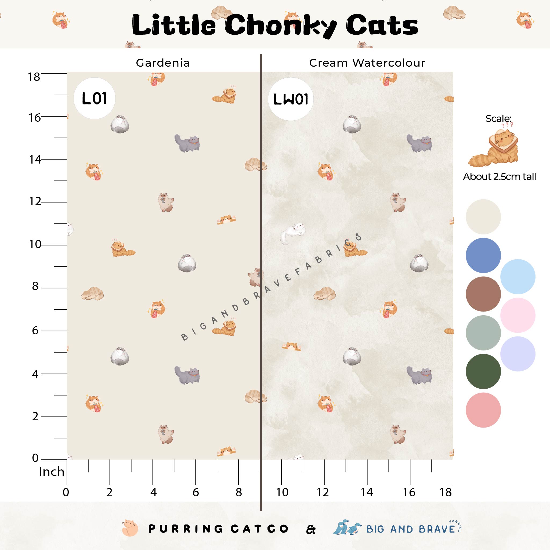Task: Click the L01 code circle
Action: click(94, 99)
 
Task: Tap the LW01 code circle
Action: click(291, 99)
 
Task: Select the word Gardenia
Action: click(162, 63)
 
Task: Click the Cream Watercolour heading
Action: click(367, 63)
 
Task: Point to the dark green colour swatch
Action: click(483, 371)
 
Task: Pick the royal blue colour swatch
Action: click(483, 255)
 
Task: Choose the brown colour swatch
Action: click(483, 294)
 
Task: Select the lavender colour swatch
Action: click(518, 354)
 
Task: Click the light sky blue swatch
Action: click(518, 276)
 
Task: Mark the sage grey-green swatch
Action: click(483, 333)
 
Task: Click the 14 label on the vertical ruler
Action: click(35, 160)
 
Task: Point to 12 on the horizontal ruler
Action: click(323, 492)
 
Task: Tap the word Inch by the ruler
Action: click(52, 472)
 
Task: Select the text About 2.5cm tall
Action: click(499, 177)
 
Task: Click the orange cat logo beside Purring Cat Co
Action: click(129, 529)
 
